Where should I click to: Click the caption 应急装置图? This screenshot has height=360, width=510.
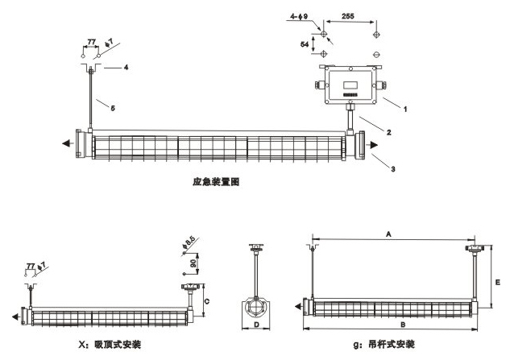[212, 183]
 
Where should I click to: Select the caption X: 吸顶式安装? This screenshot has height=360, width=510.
[99, 344]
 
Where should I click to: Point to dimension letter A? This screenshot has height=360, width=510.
[388, 234]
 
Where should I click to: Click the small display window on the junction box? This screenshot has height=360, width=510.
[351, 81]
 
